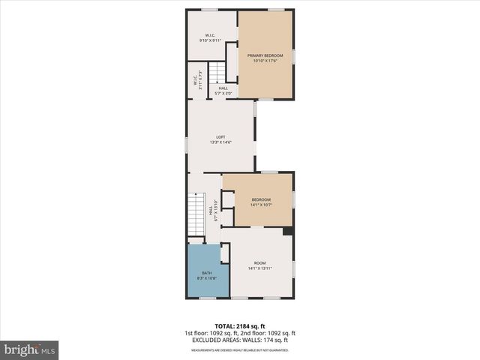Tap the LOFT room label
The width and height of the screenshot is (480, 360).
point(220,136)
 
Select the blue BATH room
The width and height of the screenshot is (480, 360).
point(203,271)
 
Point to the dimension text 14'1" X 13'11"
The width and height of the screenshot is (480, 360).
point(259,268)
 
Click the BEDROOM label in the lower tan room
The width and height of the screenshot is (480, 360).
point(260,199)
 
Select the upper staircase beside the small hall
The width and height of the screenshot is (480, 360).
point(216,73)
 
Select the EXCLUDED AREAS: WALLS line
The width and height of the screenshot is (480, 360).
point(240,340)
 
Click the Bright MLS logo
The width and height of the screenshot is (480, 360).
point(30,349)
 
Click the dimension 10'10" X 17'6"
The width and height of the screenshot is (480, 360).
point(265,61)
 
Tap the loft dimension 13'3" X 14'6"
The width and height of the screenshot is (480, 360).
point(220,142)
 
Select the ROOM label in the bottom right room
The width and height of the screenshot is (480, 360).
point(259,262)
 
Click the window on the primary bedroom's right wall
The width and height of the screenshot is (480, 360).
point(293,55)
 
